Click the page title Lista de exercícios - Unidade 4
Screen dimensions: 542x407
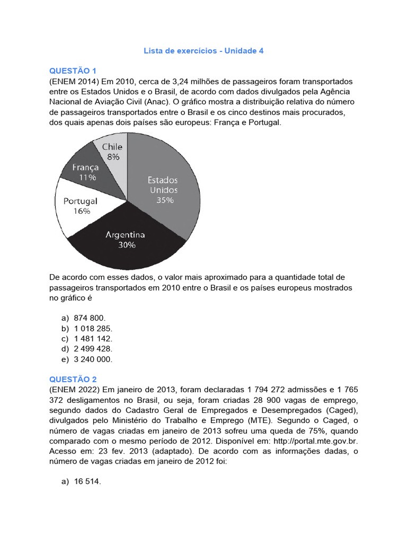(203, 51)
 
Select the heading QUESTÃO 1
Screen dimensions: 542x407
(73, 71)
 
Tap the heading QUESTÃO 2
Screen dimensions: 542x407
(73, 380)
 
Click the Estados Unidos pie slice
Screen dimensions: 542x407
(170, 175)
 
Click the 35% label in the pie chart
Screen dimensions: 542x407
(164, 201)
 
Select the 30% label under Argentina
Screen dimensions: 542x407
(127, 245)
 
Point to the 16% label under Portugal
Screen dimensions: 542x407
(81, 211)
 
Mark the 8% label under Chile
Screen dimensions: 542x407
(113, 157)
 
